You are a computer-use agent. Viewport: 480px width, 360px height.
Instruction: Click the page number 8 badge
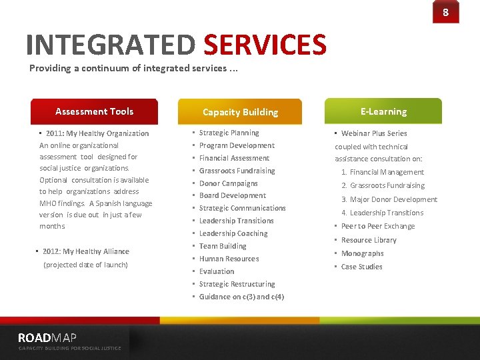click(445, 12)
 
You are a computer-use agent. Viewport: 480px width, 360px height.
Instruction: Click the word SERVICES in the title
click(265, 45)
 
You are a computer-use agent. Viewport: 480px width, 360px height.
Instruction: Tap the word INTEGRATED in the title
click(111, 45)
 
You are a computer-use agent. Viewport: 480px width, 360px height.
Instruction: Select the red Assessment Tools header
click(94, 111)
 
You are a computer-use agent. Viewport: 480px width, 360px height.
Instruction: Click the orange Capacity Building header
click(240, 112)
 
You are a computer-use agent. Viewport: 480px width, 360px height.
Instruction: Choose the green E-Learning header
click(383, 111)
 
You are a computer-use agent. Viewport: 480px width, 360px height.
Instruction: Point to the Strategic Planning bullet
click(229, 133)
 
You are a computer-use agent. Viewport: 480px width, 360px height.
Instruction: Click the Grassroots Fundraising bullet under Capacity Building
click(237, 171)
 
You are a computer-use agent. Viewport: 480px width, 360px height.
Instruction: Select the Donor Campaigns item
click(228, 183)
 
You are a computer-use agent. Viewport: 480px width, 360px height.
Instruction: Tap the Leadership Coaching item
click(233, 233)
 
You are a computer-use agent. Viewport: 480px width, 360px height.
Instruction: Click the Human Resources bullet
click(229, 259)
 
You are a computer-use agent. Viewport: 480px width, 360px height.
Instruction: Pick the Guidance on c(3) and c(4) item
click(241, 297)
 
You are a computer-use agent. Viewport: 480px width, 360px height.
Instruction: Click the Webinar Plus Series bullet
click(373, 133)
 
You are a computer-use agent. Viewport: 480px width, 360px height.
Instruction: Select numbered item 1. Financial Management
click(383, 172)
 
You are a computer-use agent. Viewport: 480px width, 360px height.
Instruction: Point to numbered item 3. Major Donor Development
click(389, 199)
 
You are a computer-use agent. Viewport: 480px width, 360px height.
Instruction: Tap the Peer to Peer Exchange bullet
click(377, 226)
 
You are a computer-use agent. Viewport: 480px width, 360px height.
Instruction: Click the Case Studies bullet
click(361, 267)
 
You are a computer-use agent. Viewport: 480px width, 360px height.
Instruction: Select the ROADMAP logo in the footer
click(47, 338)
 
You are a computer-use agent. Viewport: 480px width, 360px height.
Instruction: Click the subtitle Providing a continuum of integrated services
click(133, 68)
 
